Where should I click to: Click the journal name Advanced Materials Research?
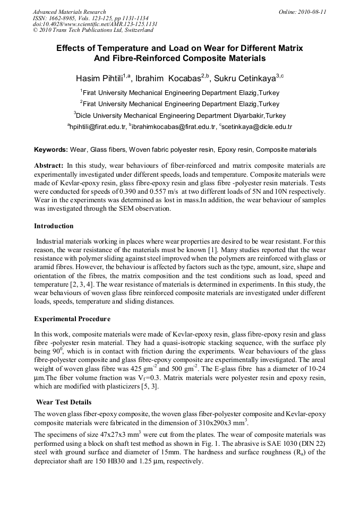(69, 12)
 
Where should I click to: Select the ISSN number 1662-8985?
(61, 18)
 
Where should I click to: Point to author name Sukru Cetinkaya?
(245, 79)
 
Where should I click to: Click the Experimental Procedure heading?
(72, 319)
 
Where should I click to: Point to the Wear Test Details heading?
(64, 402)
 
